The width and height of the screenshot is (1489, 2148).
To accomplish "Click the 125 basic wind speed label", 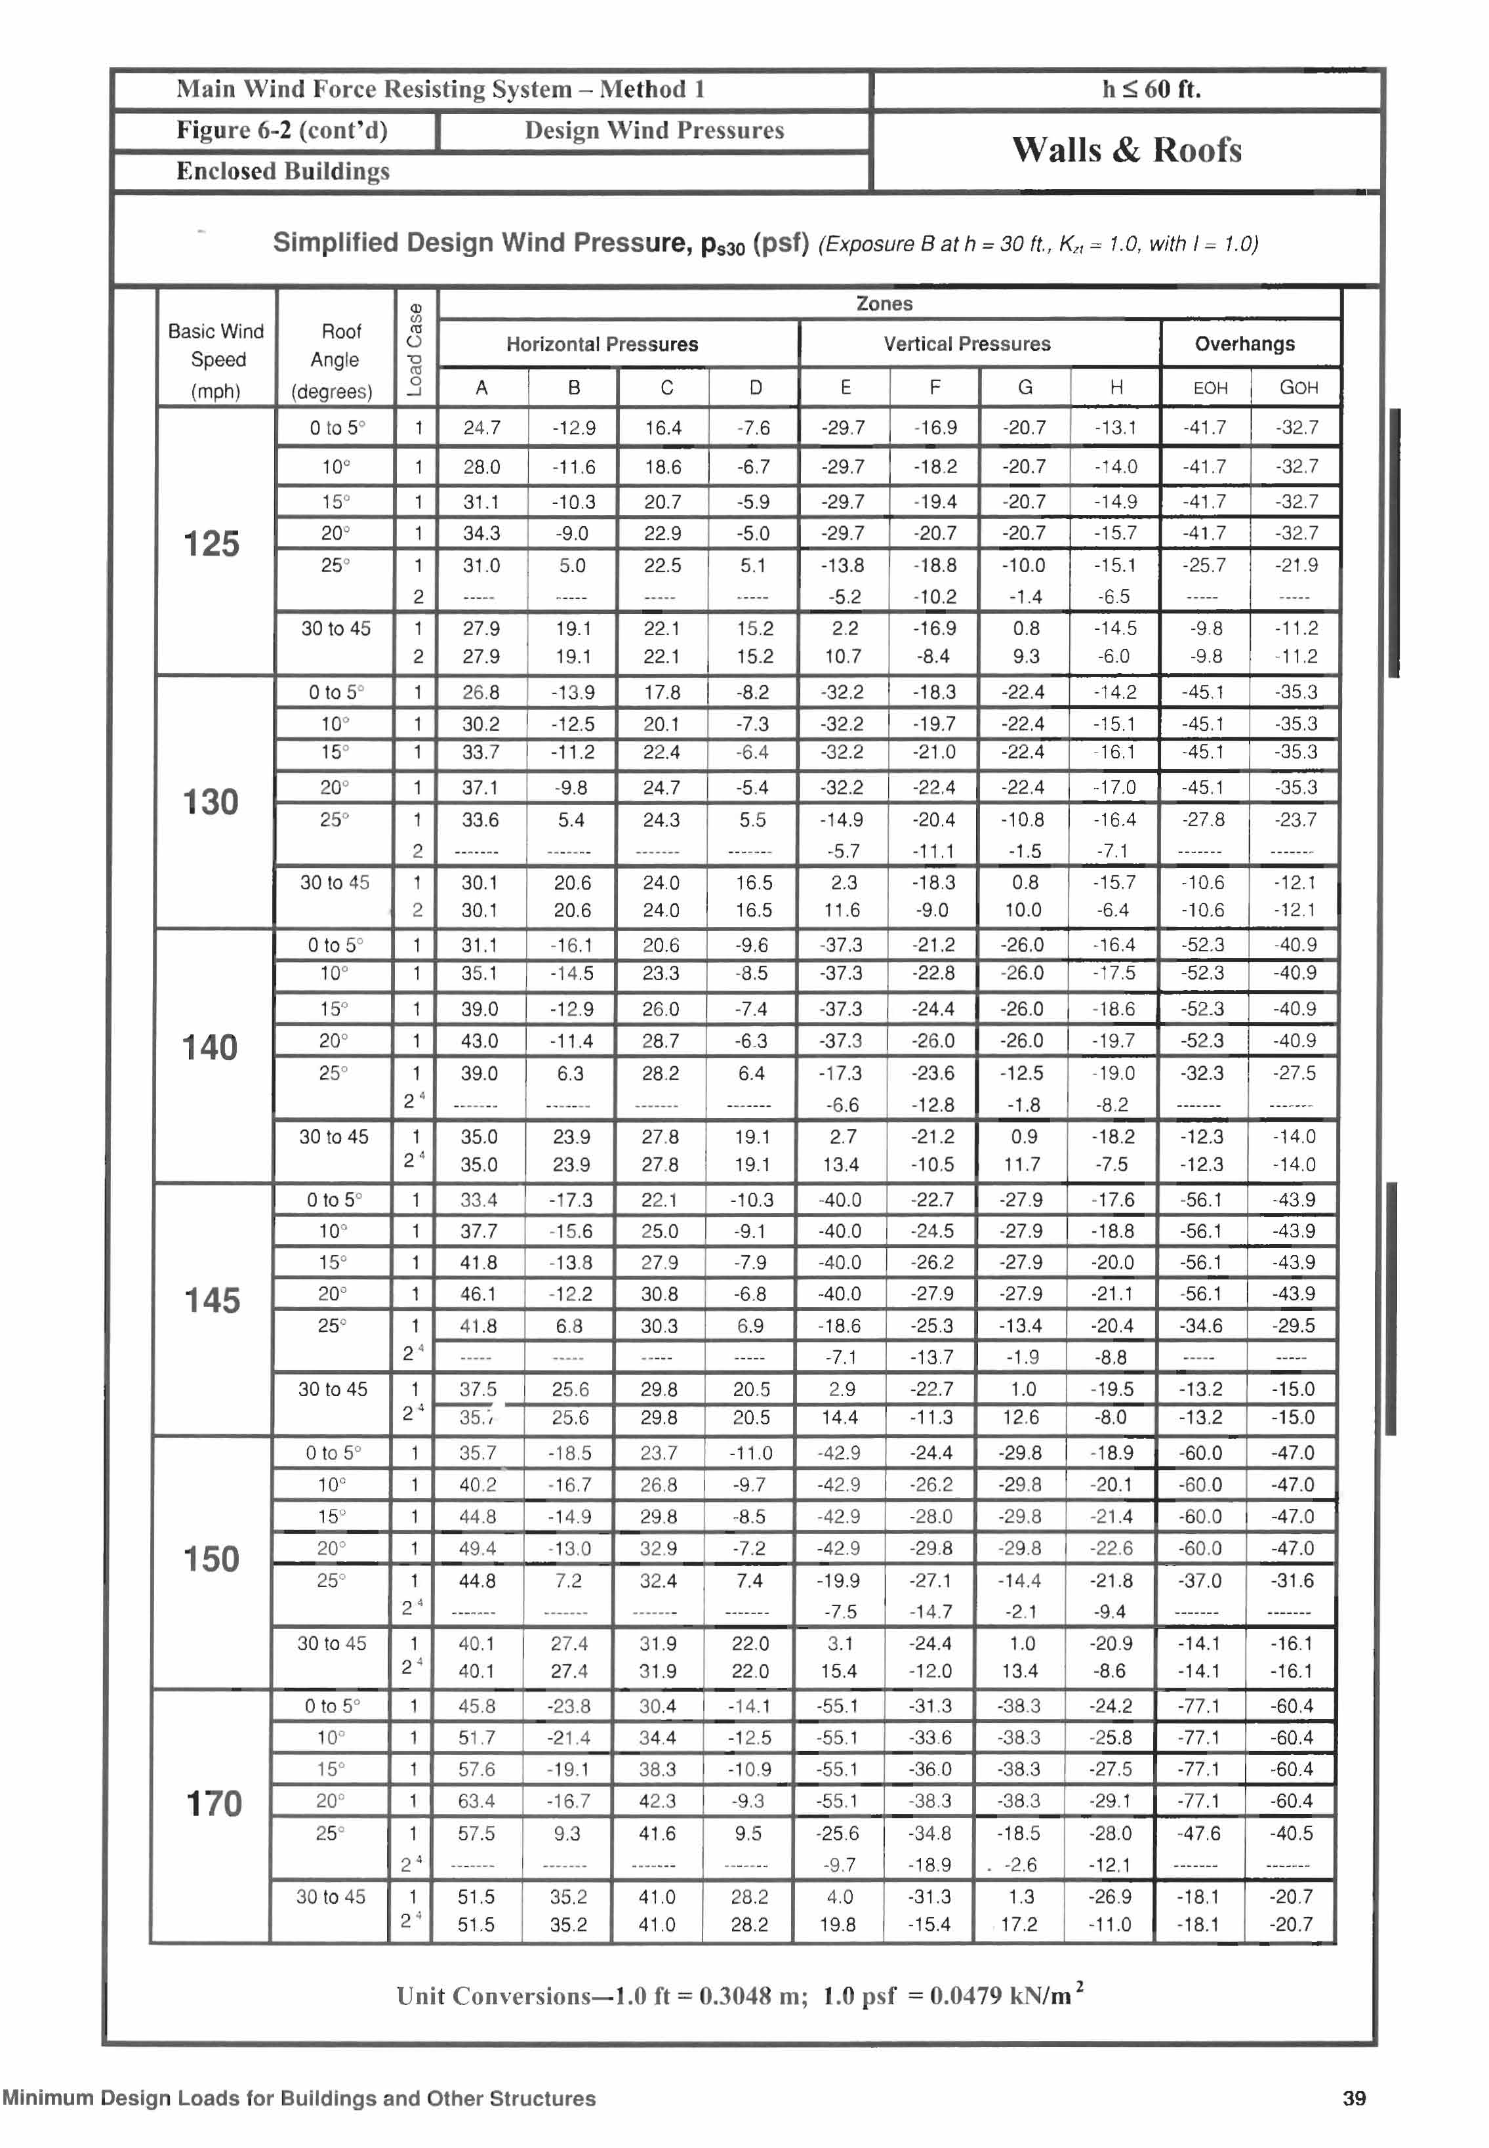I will pyautogui.click(x=212, y=544).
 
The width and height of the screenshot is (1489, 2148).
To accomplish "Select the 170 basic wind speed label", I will pyautogui.click(x=214, y=1804).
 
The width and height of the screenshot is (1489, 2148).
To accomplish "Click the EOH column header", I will pyautogui.click(x=1210, y=388).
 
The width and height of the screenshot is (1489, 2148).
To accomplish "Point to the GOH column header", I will pyautogui.click(x=1297, y=388).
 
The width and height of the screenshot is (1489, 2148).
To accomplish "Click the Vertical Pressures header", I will pyautogui.click(x=967, y=344).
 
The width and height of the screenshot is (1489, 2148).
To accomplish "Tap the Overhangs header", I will pyautogui.click(x=1244, y=344).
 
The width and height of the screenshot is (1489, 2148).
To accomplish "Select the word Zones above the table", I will pyautogui.click(x=884, y=304).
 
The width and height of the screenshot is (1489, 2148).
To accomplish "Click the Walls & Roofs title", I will pyautogui.click(x=1126, y=150).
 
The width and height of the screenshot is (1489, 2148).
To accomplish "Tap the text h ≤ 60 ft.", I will pyautogui.click(x=1151, y=90).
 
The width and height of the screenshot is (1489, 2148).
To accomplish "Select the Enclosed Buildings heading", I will pyautogui.click(x=283, y=172).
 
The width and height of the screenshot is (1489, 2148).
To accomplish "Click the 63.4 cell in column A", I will pyautogui.click(x=477, y=1801).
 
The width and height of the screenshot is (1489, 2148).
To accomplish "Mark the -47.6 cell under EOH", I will pyautogui.click(x=1199, y=1834).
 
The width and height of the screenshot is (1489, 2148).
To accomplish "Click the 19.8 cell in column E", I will pyautogui.click(x=838, y=1925).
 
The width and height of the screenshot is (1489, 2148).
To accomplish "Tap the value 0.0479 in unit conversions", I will pyautogui.click(x=966, y=1996).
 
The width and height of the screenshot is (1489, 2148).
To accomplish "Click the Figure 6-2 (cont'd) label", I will pyautogui.click(x=282, y=131).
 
